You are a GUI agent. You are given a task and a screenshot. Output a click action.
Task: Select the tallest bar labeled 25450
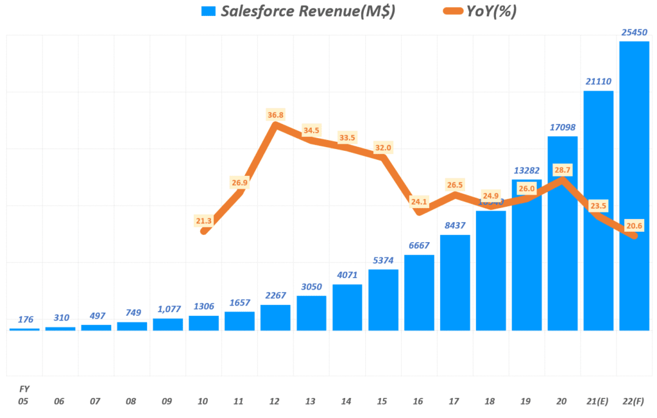[x=635, y=186]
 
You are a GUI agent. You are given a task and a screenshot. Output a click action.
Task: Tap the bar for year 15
[x=383, y=300]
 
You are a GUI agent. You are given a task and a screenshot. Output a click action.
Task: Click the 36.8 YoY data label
[x=275, y=115]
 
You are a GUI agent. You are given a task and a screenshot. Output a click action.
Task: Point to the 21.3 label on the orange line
[x=203, y=221]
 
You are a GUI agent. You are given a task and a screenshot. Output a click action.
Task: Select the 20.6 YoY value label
[x=635, y=225]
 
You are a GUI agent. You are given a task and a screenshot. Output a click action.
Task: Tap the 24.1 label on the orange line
[x=419, y=201]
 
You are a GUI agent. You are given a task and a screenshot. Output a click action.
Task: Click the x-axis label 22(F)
[x=635, y=401]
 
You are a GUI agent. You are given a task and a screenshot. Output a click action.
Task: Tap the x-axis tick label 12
[x=275, y=401]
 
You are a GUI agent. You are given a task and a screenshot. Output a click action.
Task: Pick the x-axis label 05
[x=24, y=401]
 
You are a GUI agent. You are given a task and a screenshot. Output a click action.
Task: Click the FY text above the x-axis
[x=24, y=388]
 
